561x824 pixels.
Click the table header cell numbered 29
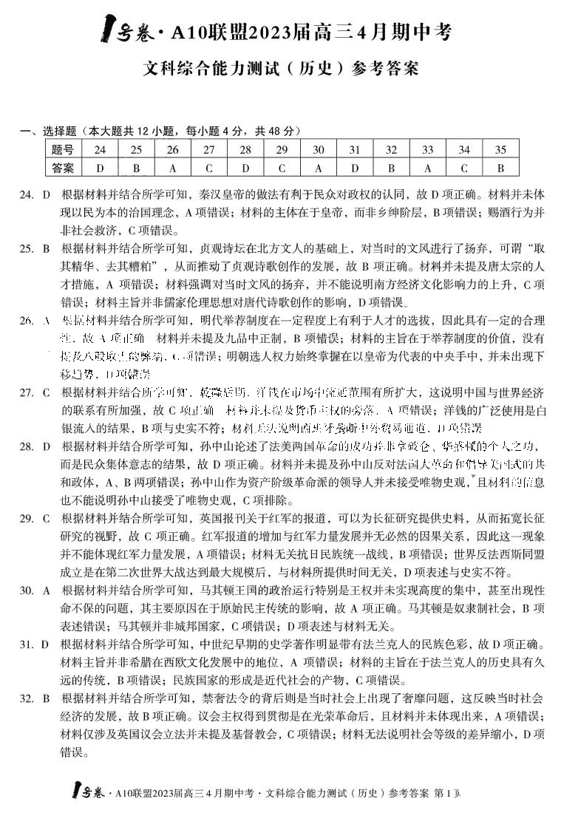click(x=282, y=150)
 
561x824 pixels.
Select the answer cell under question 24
click(x=100, y=168)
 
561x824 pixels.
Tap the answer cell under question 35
click(x=500, y=168)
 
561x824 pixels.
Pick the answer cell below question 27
click(x=209, y=168)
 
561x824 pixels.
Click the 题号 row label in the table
click(x=64, y=150)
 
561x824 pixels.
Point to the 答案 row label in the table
click(x=64, y=168)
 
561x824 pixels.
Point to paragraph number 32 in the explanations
click(x=27, y=697)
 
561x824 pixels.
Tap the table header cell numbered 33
click(x=427, y=150)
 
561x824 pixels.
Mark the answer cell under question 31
click(x=355, y=168)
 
